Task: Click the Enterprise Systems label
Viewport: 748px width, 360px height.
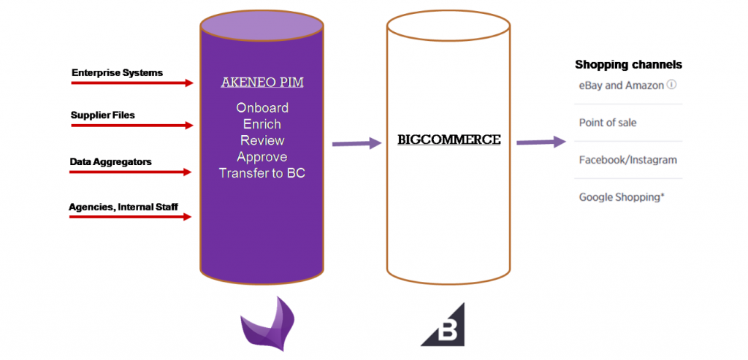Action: (x=117, y=73)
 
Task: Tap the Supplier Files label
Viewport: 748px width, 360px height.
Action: (x=102, y=115)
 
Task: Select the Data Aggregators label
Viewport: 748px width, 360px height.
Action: (x=110, y=161)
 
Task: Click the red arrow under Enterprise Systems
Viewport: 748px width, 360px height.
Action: (x=131, y=83)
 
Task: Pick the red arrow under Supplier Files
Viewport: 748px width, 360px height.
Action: (x=131, y=126)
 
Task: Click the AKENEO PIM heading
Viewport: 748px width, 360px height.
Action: (x=262, y=83)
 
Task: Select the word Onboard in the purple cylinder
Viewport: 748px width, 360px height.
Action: (x=262, y=107)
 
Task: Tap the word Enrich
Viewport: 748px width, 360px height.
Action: (x=262, y=124)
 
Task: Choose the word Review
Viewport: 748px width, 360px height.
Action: (x=262, y=140)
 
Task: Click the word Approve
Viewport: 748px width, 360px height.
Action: (x=262, y=157)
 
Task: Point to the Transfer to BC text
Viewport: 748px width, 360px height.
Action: (x=262, y=173)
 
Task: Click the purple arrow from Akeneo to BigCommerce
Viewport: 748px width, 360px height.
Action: (x=357, y=144)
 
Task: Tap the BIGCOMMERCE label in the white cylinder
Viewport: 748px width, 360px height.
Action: (x=449, y=139)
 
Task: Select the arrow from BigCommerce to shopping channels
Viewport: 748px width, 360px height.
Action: (x=541, y=142)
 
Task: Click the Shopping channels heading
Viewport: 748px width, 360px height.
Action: (x=628, y=65)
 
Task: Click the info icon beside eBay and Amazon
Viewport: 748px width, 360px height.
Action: (x=671, y=85)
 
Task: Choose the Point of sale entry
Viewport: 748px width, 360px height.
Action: (x=608, y=123)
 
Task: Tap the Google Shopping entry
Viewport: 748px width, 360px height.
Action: (x=622, y=197)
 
